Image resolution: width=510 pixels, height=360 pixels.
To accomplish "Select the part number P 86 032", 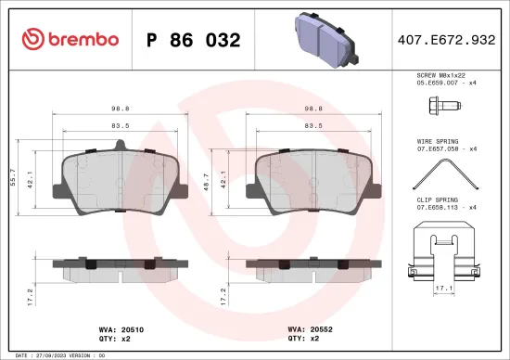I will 194,40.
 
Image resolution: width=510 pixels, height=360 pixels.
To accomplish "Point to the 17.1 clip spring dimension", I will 445,289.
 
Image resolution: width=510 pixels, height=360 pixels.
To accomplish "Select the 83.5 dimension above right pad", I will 312,124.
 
